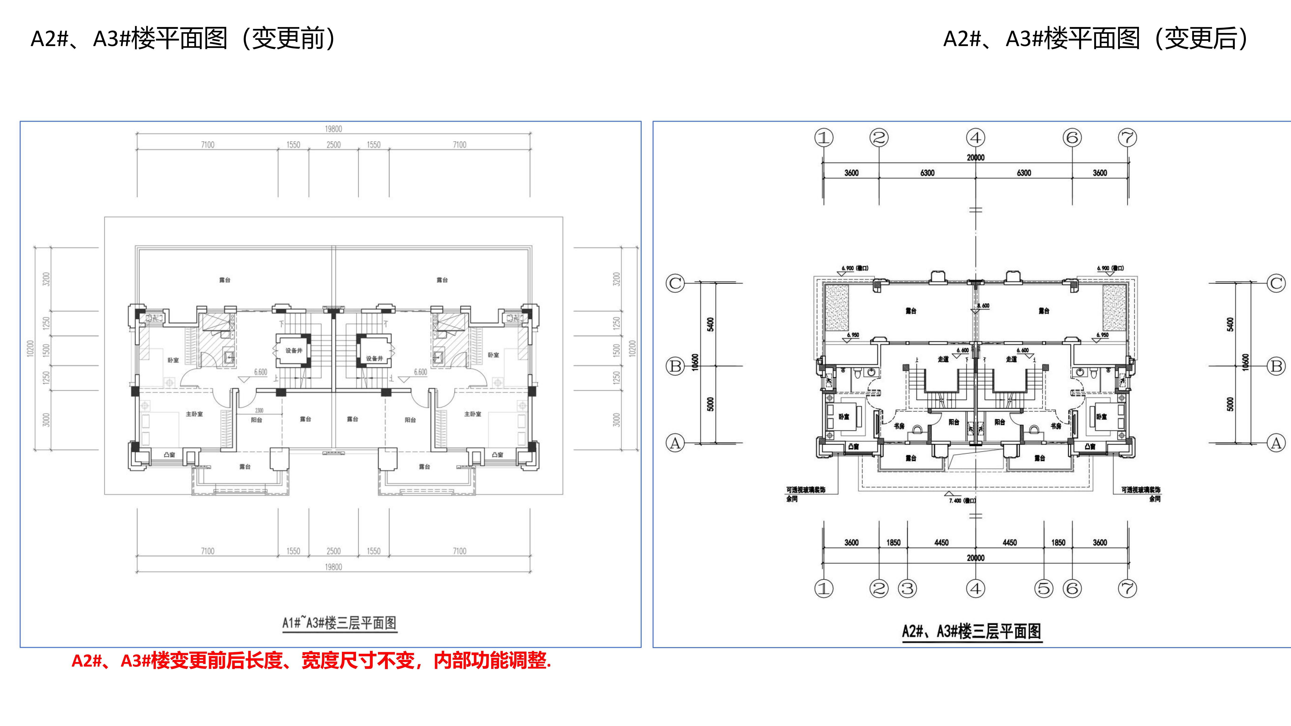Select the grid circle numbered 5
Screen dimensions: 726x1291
(x=1044, y=588)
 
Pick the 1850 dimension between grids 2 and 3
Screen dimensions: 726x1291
(x=893, y=543)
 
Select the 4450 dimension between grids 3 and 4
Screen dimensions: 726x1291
(x=941, y=543)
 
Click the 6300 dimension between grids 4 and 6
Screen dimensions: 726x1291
(x=1024, y=173)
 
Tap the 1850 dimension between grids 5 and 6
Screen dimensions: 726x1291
(x=1058, y=543)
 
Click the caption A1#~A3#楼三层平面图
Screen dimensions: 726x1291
(x=339, y=623)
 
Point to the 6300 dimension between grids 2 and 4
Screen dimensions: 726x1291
(x=927, y=173)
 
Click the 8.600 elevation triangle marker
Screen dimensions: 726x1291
(x=975, y=311)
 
